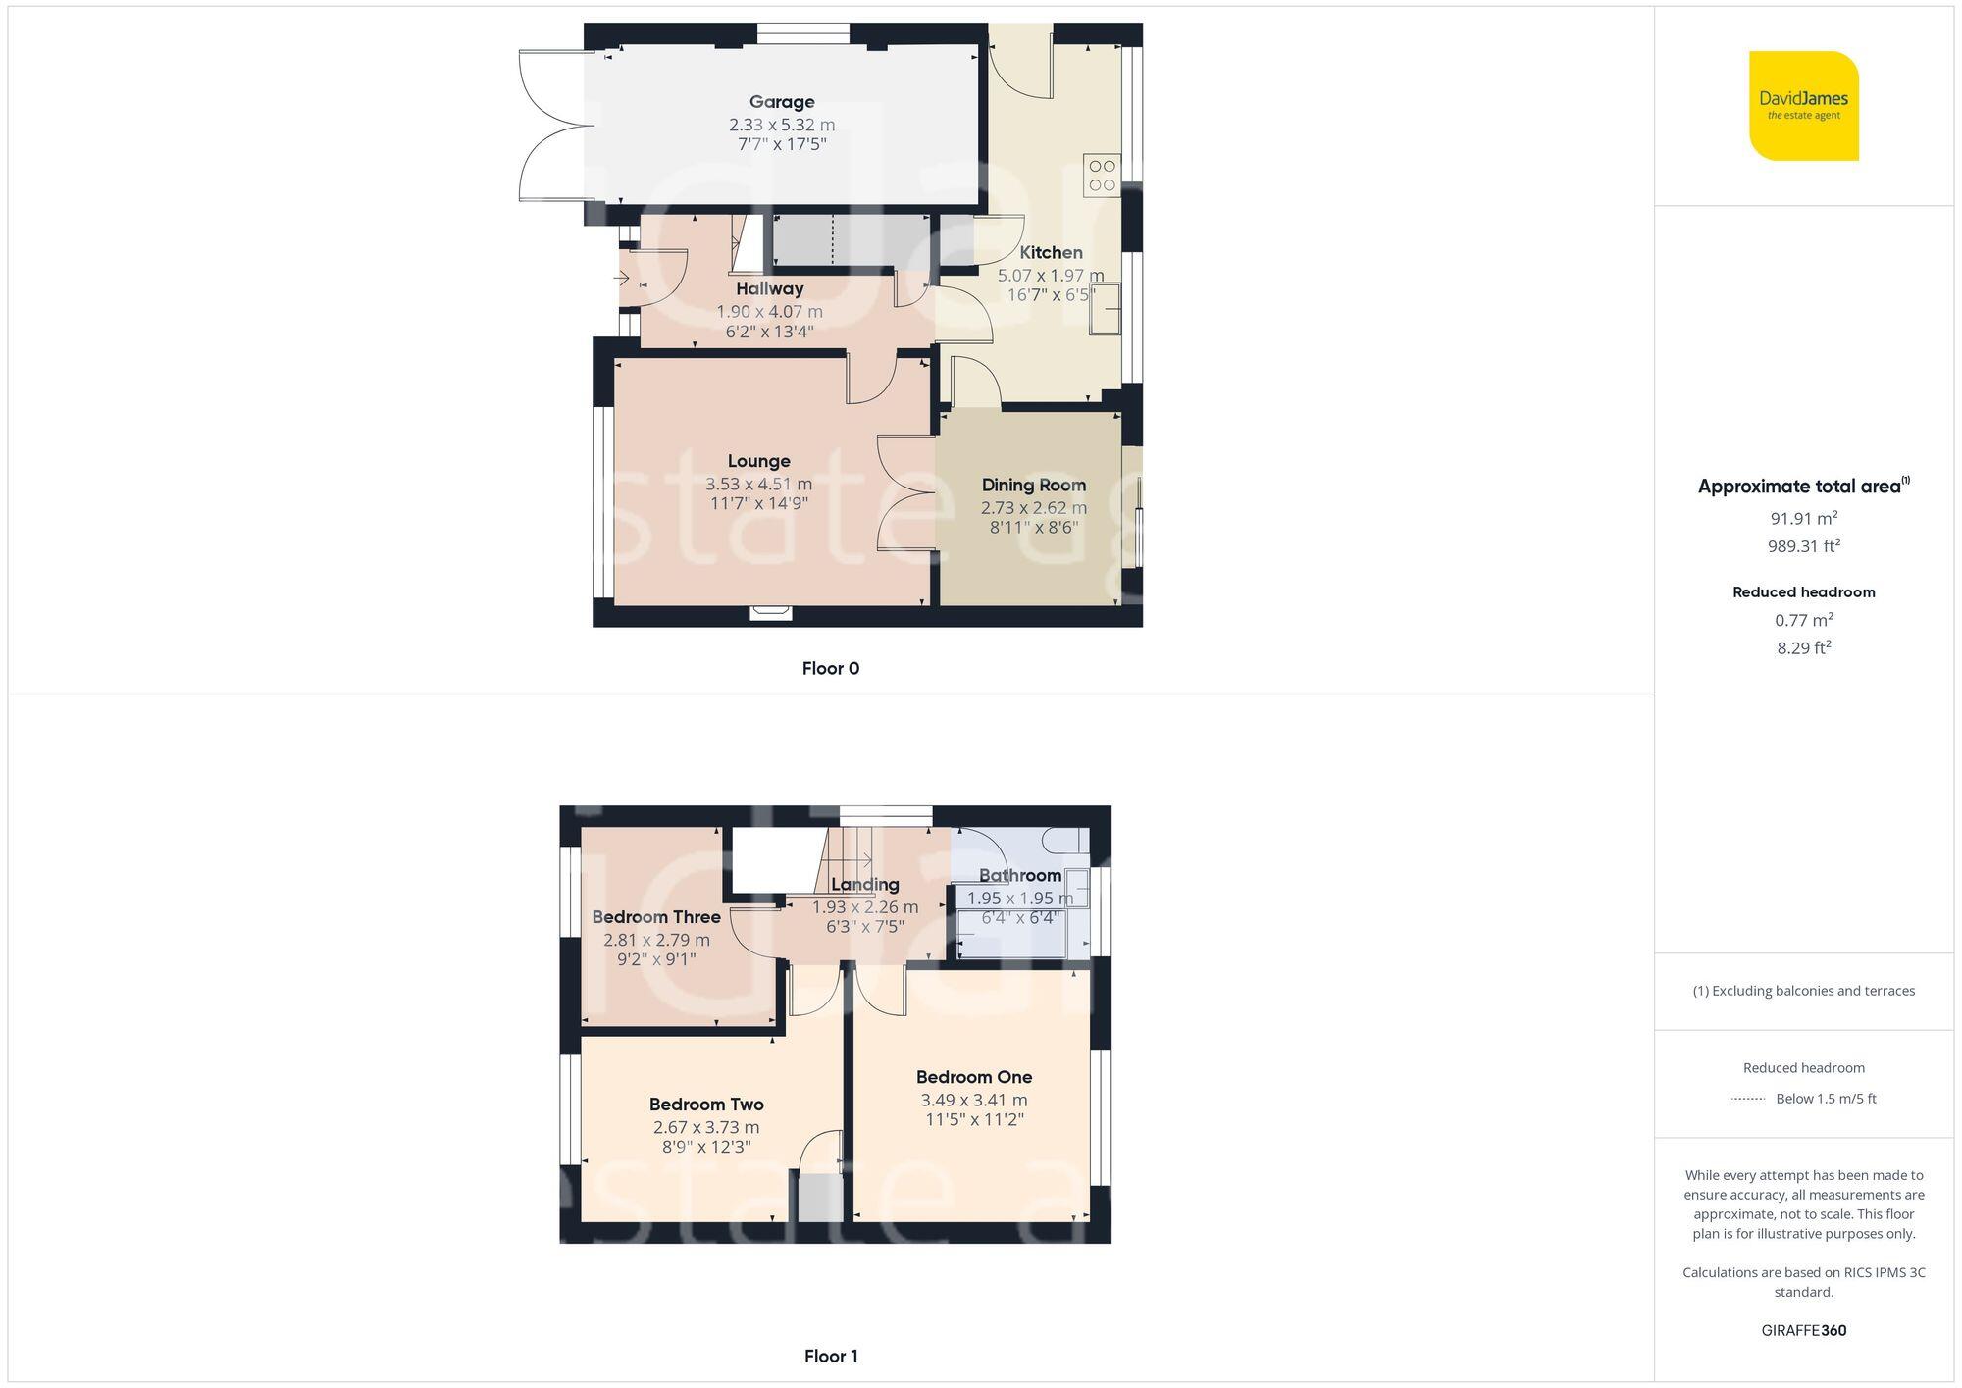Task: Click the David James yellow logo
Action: [x=1803, y=106]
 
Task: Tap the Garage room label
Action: [x=782, y=102]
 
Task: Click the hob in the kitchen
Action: [x=1102, y=176]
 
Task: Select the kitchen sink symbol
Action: [x=1104, y=308]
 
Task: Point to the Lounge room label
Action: [x=758, y=461]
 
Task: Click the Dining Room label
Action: [x=1034, y=485]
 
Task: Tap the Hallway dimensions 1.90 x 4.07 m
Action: [x=769, y=312]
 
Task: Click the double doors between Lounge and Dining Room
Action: [x=904, y=493]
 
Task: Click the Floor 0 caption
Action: [x=830, y=669]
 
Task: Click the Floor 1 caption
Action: [x=830, y=1357]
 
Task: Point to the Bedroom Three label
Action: [x=656, y=917]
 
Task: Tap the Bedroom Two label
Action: [x=706, y=1105]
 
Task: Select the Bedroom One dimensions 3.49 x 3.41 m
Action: [x=974, y=1101]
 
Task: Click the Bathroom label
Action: [x=1020, y=875]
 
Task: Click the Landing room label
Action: [x=864, y=884]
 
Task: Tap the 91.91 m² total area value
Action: [x=1803, y=518]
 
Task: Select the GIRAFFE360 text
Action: [x=1803, y=1331]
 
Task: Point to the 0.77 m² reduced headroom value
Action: [x=1803, y=620]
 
